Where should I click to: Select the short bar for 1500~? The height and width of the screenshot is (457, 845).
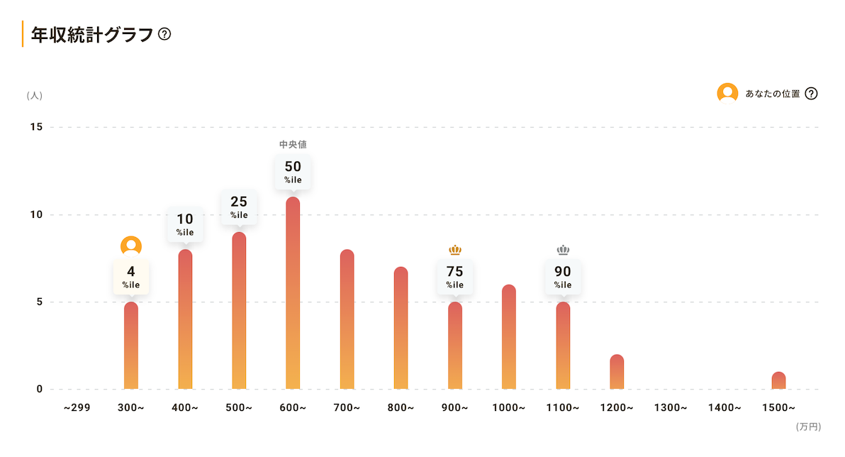click(778, 381)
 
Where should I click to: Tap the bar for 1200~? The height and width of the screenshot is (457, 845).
click(617, 372)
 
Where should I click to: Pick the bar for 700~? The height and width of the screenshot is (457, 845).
click(347, 319)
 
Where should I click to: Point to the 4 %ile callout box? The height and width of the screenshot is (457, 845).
click(131, 277)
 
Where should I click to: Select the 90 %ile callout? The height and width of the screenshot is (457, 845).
click(563, 277)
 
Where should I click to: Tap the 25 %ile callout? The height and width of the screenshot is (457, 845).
click(239, 207)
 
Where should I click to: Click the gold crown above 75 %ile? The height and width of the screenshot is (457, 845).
click(455, 250)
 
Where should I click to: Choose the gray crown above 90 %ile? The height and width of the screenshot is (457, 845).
click(563, 250)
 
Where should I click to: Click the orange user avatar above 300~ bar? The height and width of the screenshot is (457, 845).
click(131, 246)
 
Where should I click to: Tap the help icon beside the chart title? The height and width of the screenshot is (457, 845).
click(164, 33)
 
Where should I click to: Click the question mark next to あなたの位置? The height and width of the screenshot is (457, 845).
click(812, 93)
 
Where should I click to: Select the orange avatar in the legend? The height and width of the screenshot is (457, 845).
click(727, 93)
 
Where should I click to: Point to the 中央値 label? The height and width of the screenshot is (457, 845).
click(293, 145)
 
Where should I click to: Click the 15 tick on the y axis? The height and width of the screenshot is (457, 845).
click(36, 127)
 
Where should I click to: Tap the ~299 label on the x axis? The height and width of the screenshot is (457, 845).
click(77, 408)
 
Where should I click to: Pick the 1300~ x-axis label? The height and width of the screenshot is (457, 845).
click(671, 408)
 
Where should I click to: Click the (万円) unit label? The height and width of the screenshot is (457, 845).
click(808, 426)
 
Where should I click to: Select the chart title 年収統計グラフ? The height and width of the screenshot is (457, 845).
click(92, 34)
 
